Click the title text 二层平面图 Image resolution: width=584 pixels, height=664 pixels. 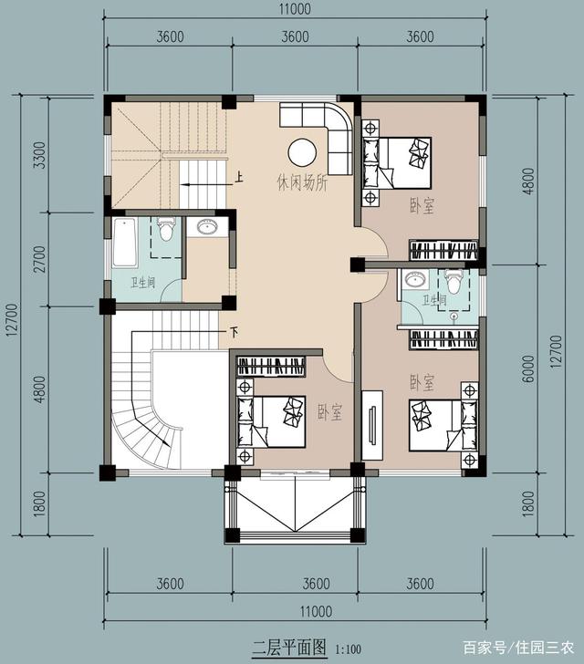(x=289, y=648)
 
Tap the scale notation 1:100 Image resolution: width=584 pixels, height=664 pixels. (x=348, y=649)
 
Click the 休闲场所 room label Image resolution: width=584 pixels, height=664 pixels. (x=302, y=183)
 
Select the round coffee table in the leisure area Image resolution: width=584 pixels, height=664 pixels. (x=302, y=152)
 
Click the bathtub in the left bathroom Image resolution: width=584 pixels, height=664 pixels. (x=125, y=243)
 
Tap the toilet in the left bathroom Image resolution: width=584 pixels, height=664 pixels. (x=166, y=229)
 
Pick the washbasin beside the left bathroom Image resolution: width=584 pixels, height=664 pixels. (x=207, y=226)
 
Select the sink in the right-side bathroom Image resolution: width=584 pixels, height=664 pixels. (x=415, y=280)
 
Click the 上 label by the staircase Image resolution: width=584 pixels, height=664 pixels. (x=239, y=177)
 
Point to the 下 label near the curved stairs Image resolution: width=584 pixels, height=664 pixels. (x=234, y=332)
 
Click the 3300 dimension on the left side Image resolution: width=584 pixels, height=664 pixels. (x=39, y=155)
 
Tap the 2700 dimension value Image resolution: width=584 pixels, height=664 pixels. (x=39, y=260)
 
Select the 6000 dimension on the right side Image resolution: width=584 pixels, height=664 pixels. (x=528, y=368)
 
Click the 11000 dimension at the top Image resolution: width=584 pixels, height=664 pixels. (x=295, y=9)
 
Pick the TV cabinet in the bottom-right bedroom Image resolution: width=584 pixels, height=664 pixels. (x=372, y=425)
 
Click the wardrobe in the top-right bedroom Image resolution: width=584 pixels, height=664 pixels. (x=443, y=250)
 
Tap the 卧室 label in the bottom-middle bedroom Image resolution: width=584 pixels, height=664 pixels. (x=330, y=412)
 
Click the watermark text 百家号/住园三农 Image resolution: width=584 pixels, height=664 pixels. (x=518, y=647)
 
